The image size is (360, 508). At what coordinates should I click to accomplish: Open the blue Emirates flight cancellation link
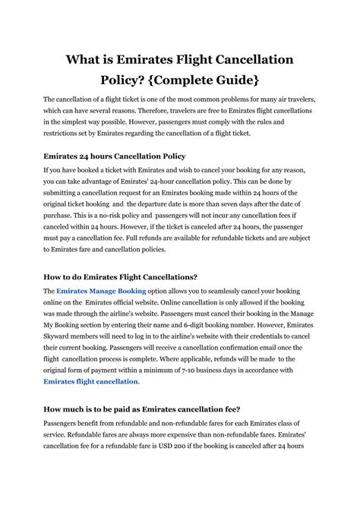click(x=90, y=381)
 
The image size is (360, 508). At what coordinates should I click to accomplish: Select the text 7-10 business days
click(x=222, y=370)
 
